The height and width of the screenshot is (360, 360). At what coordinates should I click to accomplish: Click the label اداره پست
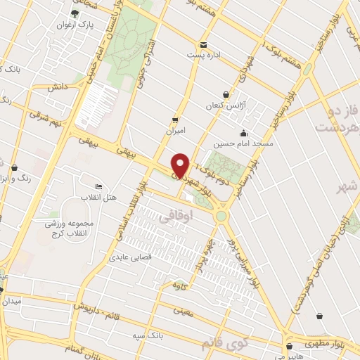[203, 55]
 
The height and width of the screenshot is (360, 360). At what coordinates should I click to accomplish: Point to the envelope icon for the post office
[203, 44]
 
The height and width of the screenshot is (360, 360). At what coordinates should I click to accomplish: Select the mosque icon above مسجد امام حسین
[243, 133]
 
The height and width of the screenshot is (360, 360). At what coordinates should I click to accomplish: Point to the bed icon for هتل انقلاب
[98, 186]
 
